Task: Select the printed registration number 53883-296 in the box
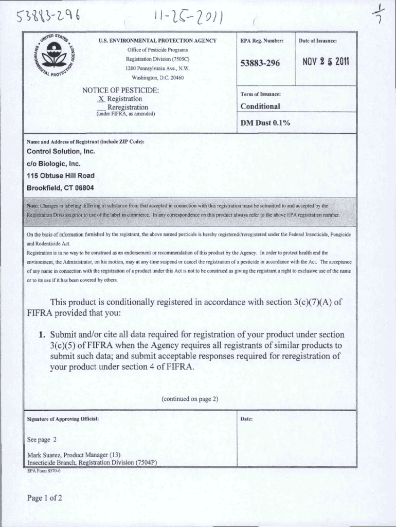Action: click(260, 63)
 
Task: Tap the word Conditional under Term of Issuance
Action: click(260, 107)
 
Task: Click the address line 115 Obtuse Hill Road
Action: click(60, 175)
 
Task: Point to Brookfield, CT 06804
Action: click(60, 187)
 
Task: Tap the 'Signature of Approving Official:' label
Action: click(63, 419)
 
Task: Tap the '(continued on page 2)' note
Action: click(190, 399)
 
